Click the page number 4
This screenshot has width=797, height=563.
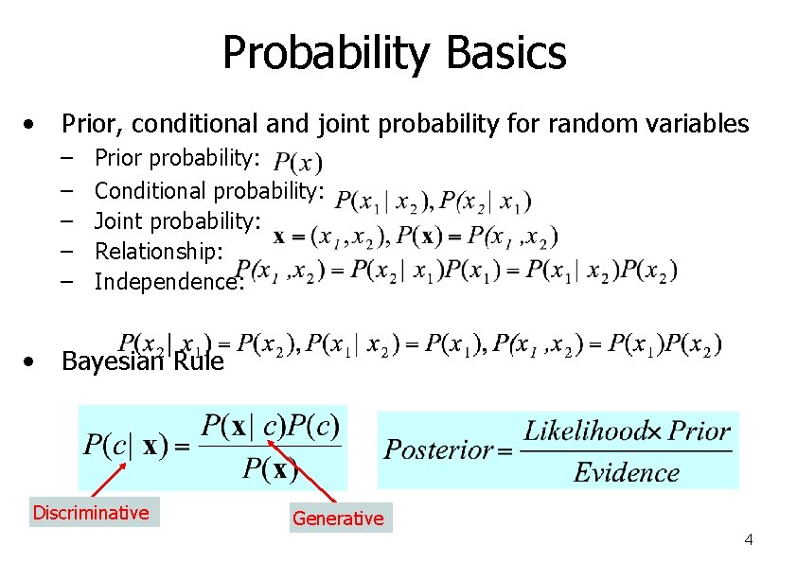point(748,540)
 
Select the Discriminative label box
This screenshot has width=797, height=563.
point(91,513)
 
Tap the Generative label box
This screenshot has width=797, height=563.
point(338,518)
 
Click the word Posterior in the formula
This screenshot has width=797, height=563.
point(438,449)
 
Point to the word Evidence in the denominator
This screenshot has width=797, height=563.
point(627,471)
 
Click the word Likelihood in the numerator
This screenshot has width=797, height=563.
point(585,431)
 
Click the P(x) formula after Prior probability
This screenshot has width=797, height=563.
point(298,162)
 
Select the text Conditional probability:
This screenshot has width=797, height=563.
point(210,191)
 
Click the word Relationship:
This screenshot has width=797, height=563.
point(159,251)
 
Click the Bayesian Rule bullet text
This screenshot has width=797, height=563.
point(142,361)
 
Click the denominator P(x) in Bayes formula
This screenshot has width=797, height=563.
point(271,467)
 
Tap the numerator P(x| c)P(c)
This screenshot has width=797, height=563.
point(273,426)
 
